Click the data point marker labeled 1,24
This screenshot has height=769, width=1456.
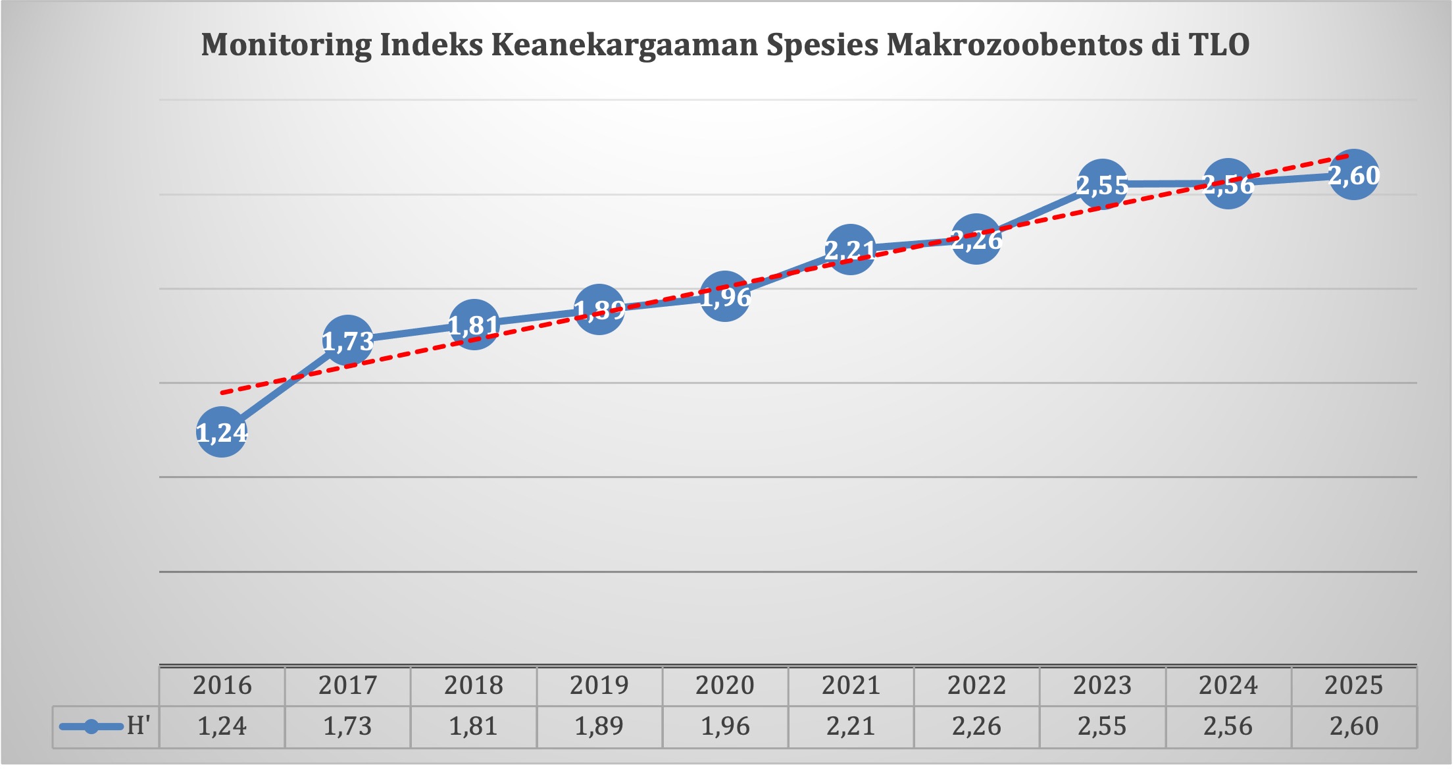pos(222,432)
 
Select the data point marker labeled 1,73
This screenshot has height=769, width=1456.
pos(347,340)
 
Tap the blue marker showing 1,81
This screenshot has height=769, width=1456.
pos(474,325)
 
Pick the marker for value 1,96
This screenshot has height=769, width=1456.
pos(725,297)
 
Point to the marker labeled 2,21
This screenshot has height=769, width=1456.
pos(851,250)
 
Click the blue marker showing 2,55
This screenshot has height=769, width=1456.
pos(1102,184)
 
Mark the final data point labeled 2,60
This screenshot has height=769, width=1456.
pos(1353,175)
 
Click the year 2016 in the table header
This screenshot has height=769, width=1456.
pos(222,685)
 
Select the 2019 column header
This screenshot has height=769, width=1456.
pos(599,685)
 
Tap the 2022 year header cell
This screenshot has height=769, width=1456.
pos(976,685)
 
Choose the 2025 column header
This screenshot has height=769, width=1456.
pos(1353,685)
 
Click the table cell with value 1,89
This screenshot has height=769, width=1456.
pos(599,726)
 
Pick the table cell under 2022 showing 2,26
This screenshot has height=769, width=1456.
pos(976,726)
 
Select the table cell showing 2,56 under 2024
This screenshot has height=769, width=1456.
pos(1228,726)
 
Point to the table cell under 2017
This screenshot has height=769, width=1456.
pos(347,726)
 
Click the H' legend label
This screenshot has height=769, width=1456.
pos(138,726)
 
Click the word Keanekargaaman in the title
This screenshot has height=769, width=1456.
pos(624,45)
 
